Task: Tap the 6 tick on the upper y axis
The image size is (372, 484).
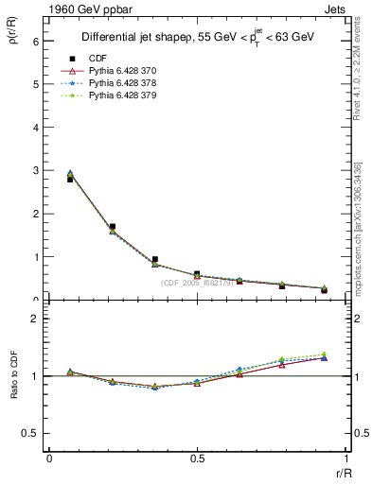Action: [35, 42]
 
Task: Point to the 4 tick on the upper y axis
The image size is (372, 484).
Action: [35, 128]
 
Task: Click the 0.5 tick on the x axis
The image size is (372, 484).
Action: [197, 459]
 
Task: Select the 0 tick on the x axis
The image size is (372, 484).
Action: [49, 459]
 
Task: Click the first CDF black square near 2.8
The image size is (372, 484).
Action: [70, 179]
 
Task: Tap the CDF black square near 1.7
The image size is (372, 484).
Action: [113, 227]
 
